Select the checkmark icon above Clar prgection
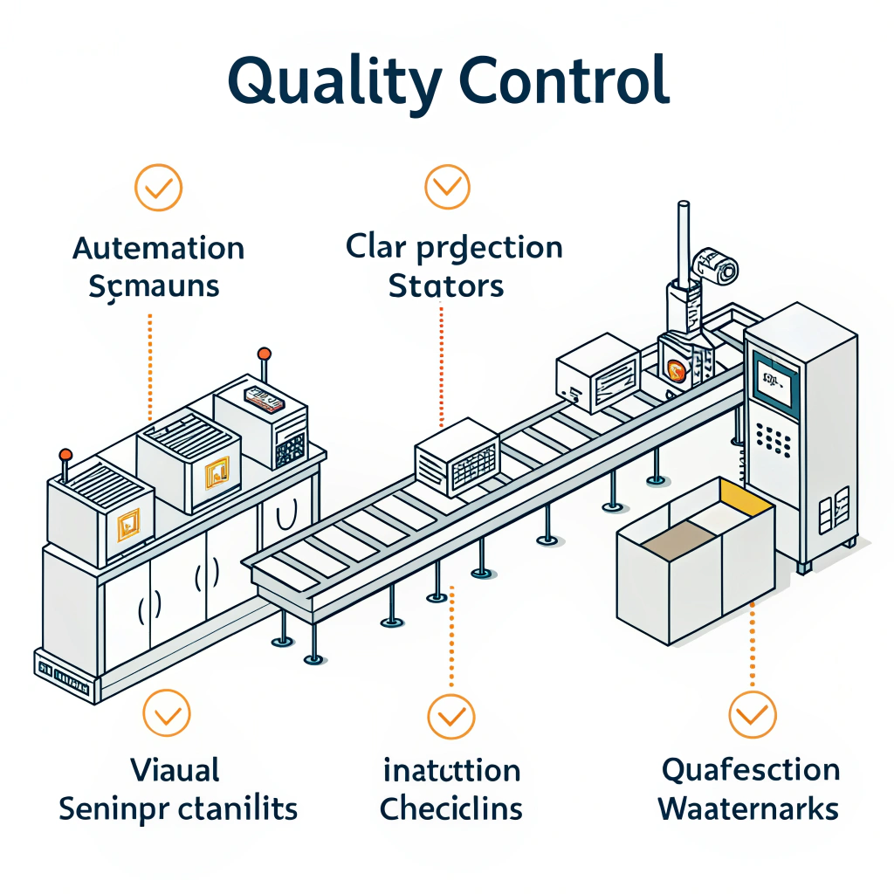coord(447,186)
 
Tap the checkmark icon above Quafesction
coord(751,717)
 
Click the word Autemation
coord(158,249)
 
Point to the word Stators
coord(445,285)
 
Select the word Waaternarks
coord(748,808)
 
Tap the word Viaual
coord(175,770)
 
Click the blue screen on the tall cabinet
coord(774,382)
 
